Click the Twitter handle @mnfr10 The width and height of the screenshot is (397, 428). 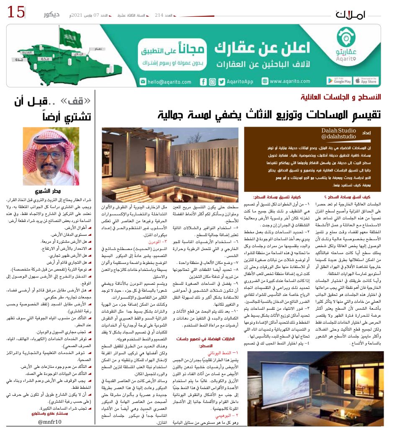[x=50, y=422]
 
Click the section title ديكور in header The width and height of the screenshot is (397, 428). [x=52, y=15]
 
